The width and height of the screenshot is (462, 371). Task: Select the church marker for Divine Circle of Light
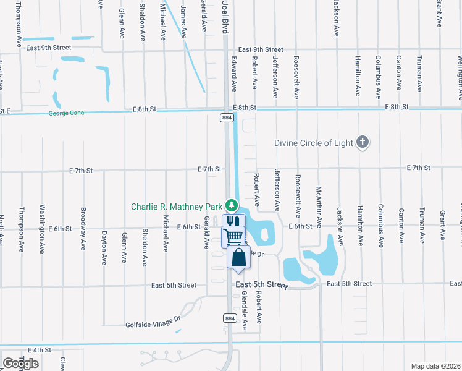tap(363, 143)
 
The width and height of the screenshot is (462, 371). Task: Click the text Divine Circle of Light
tap(314, 143)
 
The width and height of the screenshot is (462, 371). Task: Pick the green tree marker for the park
tap(231, 205)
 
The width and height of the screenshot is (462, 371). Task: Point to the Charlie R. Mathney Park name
tap(176, 206)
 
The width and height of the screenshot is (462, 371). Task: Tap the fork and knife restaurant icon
tap(232, 221)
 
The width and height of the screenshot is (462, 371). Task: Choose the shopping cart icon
tap(234, 236)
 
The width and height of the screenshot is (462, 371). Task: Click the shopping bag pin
tap(238, 257)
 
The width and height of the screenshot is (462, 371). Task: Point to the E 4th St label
tap(39, 350)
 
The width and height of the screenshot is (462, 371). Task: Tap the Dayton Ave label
tap(104, 244)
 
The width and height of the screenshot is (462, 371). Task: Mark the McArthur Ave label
tap(319, 207)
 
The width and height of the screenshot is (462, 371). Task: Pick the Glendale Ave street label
tap(245, 310)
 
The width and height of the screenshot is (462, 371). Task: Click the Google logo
tap(20, 364)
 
